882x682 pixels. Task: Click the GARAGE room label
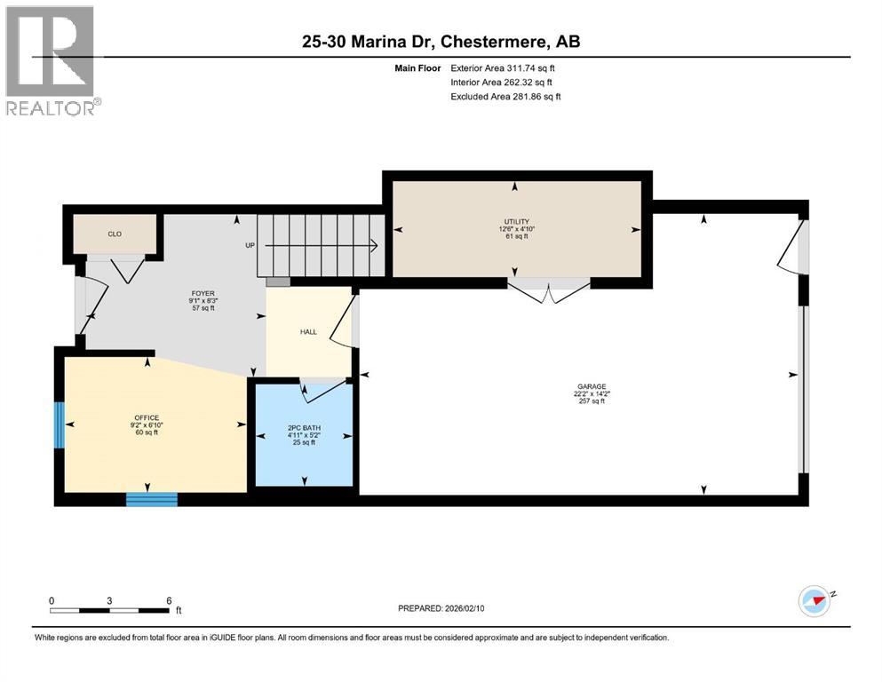pyautogui.click(x=591, y=386)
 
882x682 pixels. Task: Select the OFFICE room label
pyautogui.click(x=147, y=417)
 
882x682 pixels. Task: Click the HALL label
pyautogui.click(x=308, y=331)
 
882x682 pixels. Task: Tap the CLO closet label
pyautogui.click(x=115, y=234)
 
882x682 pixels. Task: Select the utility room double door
pyautogui.click(x=549, y=289)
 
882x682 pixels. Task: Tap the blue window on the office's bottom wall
pyautogui.click(x=146, y=500)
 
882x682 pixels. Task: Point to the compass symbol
pyautogui.click(x=814, y=601)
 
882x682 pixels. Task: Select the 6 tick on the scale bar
pyautogui.click(x=168, y=600)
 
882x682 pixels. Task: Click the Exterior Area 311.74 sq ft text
pyautogui.click(x=505, y=67)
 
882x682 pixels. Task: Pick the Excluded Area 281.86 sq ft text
pyautogui.click(x=505, y=97)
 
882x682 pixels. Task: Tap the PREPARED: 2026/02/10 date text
pyautogui.click(x=441, y=608)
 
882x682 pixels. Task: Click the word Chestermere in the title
pyautogui.click(x=480, y=42)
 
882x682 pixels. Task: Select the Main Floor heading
pyautogui.click(x=418, y=67)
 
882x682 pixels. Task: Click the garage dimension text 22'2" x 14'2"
pyautogui.click(x=591, y=394)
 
